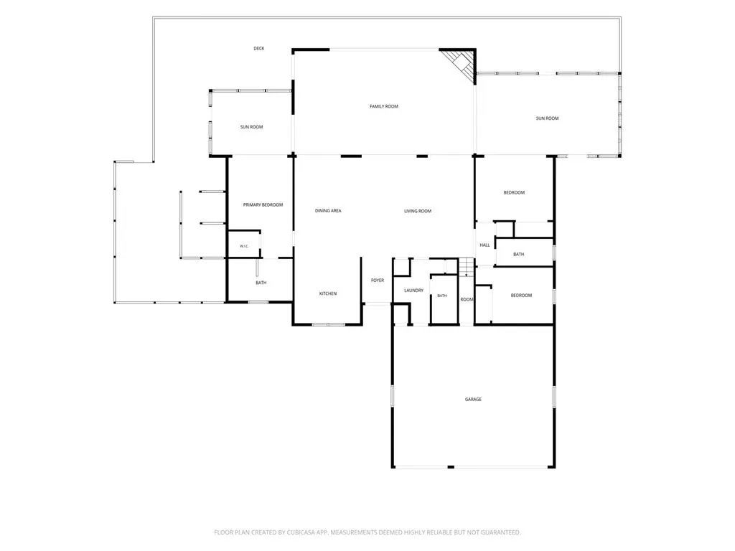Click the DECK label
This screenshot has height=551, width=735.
pyautogui.click(x=258, y=48)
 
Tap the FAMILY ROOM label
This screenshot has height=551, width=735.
pyautogui.click(x=384, y=106)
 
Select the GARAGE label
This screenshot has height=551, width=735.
pyautogui.click(x=473, y=399)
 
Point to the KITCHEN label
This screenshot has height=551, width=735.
pyautogui.click(x=328, y=293)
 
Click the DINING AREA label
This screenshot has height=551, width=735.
pyautogui.click(x=328, y=211)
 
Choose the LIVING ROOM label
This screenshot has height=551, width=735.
pyautogui.click(x=418, y=211)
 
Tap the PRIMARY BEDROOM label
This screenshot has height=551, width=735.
pyautogui.click(x=263, y=204)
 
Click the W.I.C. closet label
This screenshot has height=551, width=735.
pyautogui.click(x=244, y=247)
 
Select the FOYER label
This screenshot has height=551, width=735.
pyautogui.click(x=378, y=281)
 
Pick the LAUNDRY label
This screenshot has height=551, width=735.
pyautogui.click(x=414, y=291)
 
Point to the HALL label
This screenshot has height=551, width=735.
pyautogui.click(x=484, y=245)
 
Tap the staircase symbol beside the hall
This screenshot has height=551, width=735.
pyautogui.click(x=466, y=267)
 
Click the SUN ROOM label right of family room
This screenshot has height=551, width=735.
pyautogui.click(x=548, y=118)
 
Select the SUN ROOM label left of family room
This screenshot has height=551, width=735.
pyautogui.click(x=252, y=127)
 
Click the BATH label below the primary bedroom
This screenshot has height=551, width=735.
pyautogui.click(x=261, y=283)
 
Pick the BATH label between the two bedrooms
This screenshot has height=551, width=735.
pyautogui.click(x=518, y=254)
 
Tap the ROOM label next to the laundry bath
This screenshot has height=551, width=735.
pyautogui.click(x=467, y=299)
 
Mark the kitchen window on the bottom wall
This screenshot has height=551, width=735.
pyautogui.click(x=328, y=324)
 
